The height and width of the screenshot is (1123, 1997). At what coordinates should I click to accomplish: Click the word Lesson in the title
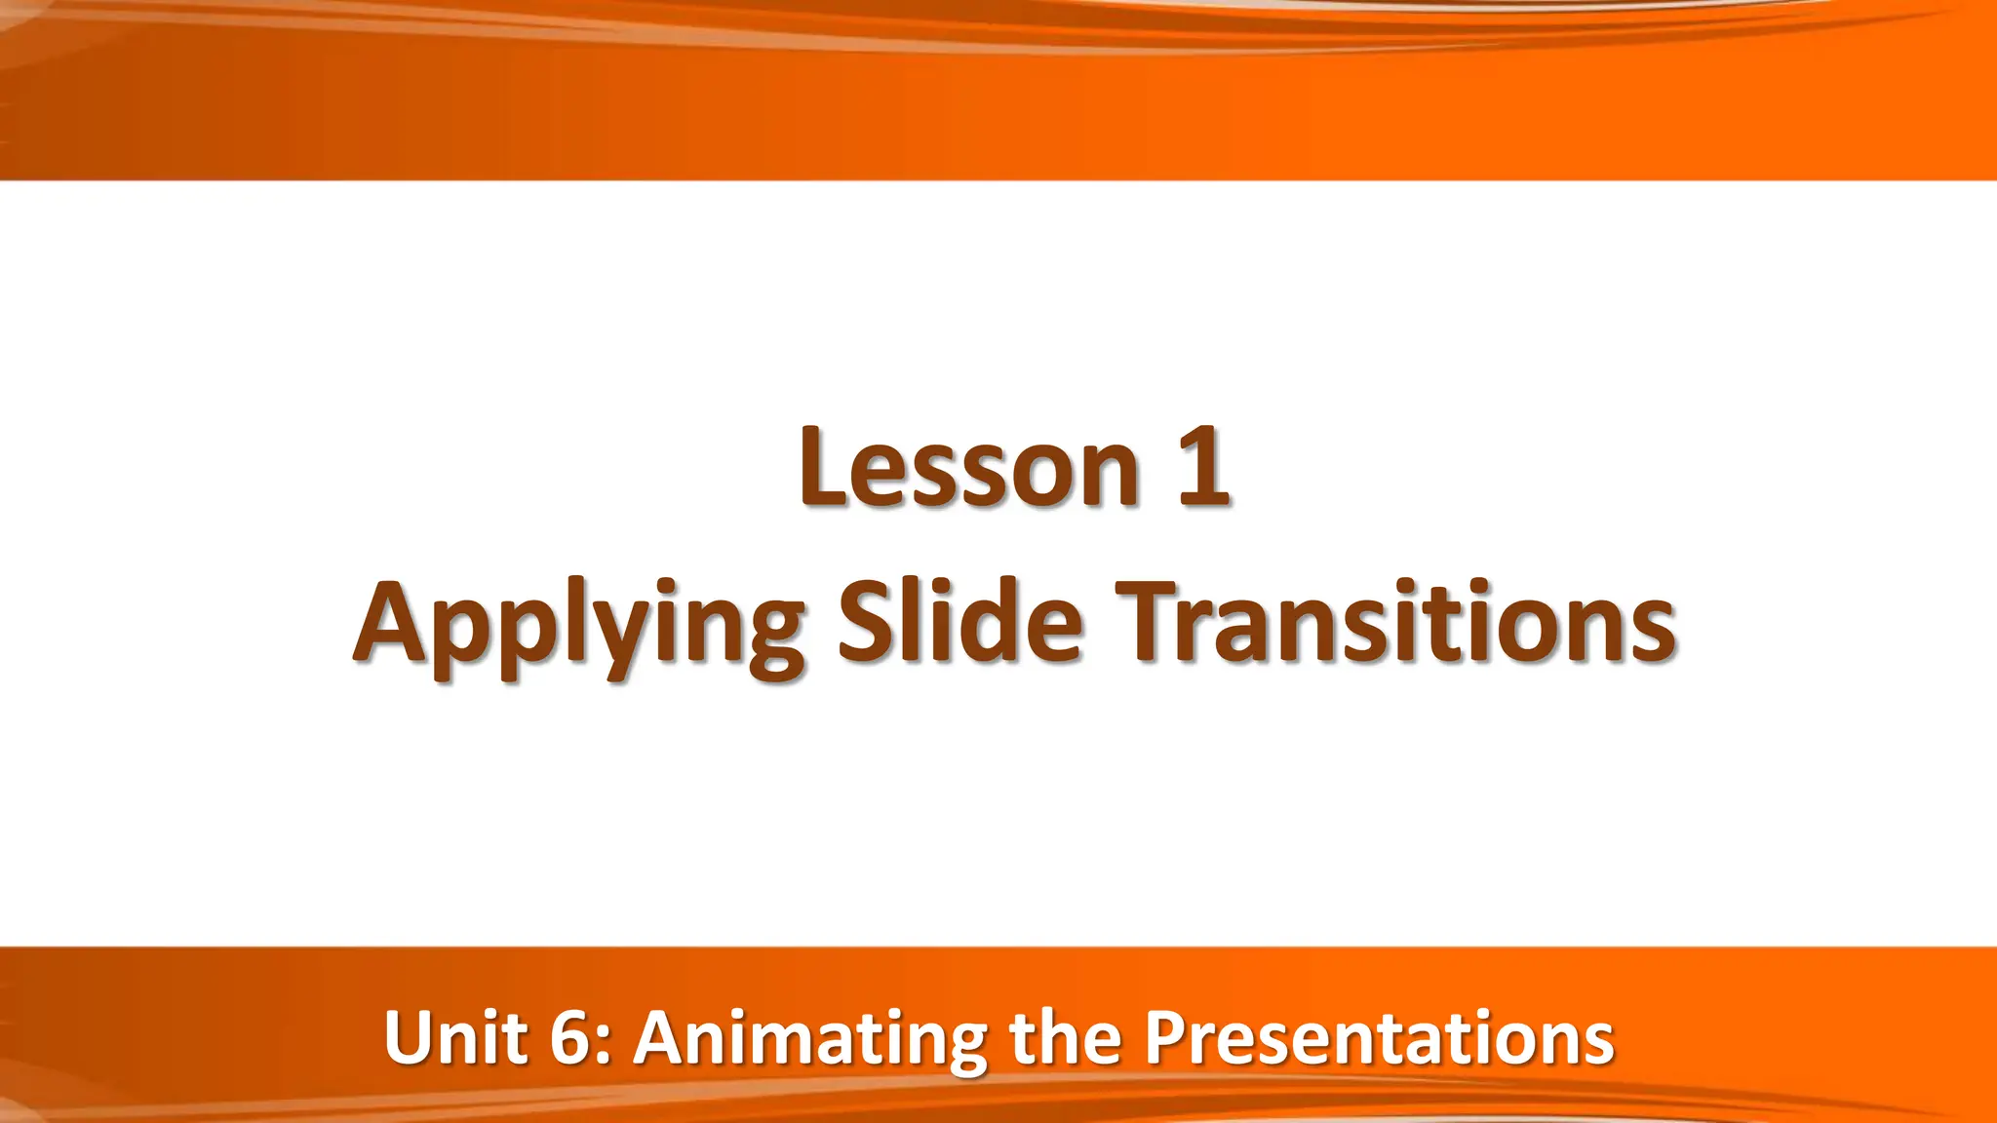coord(968,470)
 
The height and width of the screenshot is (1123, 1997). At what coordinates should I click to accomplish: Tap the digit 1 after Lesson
coord(1202,470)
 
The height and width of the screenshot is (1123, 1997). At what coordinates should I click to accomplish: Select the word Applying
coord(579,624)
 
